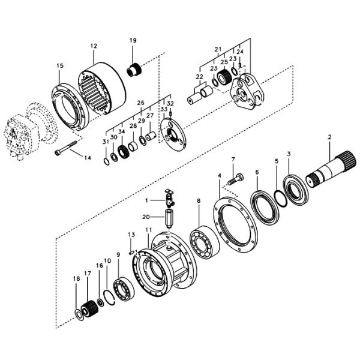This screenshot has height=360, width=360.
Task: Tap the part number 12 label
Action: (x=94, y=46)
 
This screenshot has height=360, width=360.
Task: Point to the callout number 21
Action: (x=218, y=48)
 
